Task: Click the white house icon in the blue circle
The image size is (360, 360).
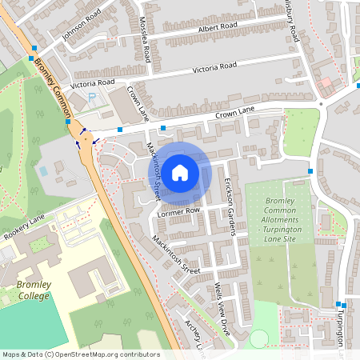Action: click(180, 172)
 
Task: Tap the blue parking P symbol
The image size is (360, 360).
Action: click(92, 97)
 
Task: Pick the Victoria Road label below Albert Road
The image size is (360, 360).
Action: click(214, 68)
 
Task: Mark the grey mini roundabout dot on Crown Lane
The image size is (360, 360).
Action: click(320, 103)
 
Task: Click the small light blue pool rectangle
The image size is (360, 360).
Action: click(42, 170)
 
